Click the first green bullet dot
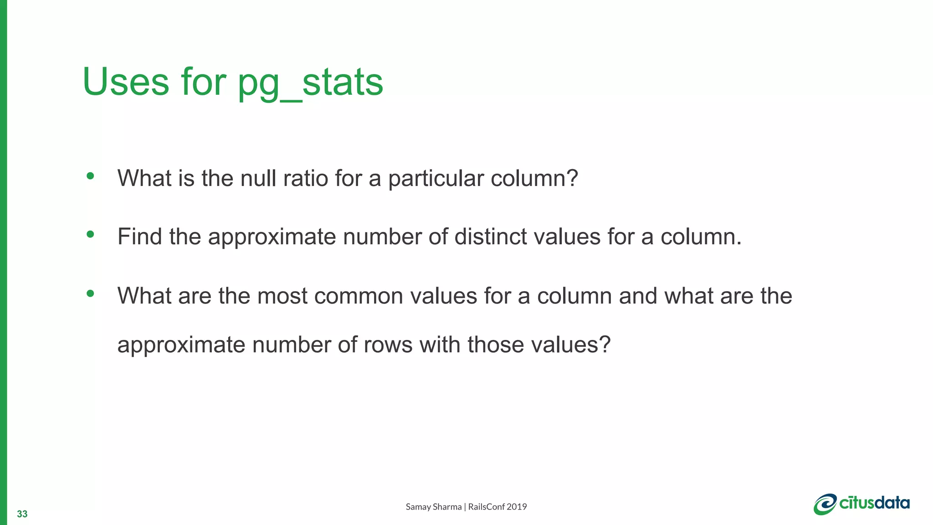click(x=90, y=176)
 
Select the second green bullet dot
click(x=90, y=235)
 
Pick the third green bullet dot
click(x=90, y=293)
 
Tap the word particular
click(x=436, y=178)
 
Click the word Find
click(x=139, y=237)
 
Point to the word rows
click(x=388, y=345)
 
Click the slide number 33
click(x=22, y=514)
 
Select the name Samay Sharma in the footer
click(x=433, y=507)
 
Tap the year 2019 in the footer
click(x=517, y=507)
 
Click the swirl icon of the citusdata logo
click(x=825, y=504)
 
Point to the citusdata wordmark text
click(x=874, y=503)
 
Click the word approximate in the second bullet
click(x=272, y=237)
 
